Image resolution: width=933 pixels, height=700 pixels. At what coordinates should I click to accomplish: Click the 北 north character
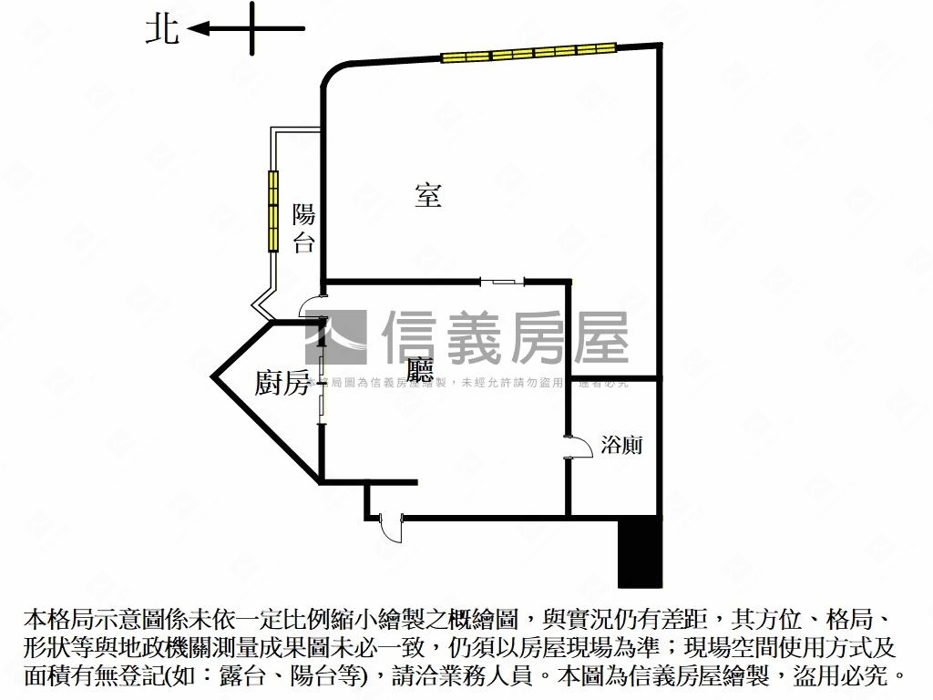(163, 30)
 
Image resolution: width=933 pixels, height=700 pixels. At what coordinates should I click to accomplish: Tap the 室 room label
(428, 194)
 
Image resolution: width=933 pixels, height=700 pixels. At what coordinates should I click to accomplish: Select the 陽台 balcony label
(303, 229)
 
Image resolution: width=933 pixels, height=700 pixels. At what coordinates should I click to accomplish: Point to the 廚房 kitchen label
(282, 384)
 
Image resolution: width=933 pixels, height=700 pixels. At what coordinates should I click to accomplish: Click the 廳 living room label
(420, 369)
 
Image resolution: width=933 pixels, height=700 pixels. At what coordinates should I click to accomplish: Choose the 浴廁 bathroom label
(622, 445)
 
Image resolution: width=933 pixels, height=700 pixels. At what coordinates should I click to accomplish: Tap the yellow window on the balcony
(272, 211)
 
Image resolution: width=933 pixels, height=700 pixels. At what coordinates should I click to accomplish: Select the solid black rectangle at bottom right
(639, 552)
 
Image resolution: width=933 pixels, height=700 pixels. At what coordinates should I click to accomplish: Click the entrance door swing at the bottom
(391, 528)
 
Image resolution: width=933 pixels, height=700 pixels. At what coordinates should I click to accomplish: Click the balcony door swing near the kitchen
(313, 307)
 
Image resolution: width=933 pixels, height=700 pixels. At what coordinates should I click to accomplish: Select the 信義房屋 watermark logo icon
(337, 336)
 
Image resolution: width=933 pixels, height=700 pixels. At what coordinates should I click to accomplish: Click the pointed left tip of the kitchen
(214, 374)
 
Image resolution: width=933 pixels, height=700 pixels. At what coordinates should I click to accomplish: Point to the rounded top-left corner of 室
(332, 73)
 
